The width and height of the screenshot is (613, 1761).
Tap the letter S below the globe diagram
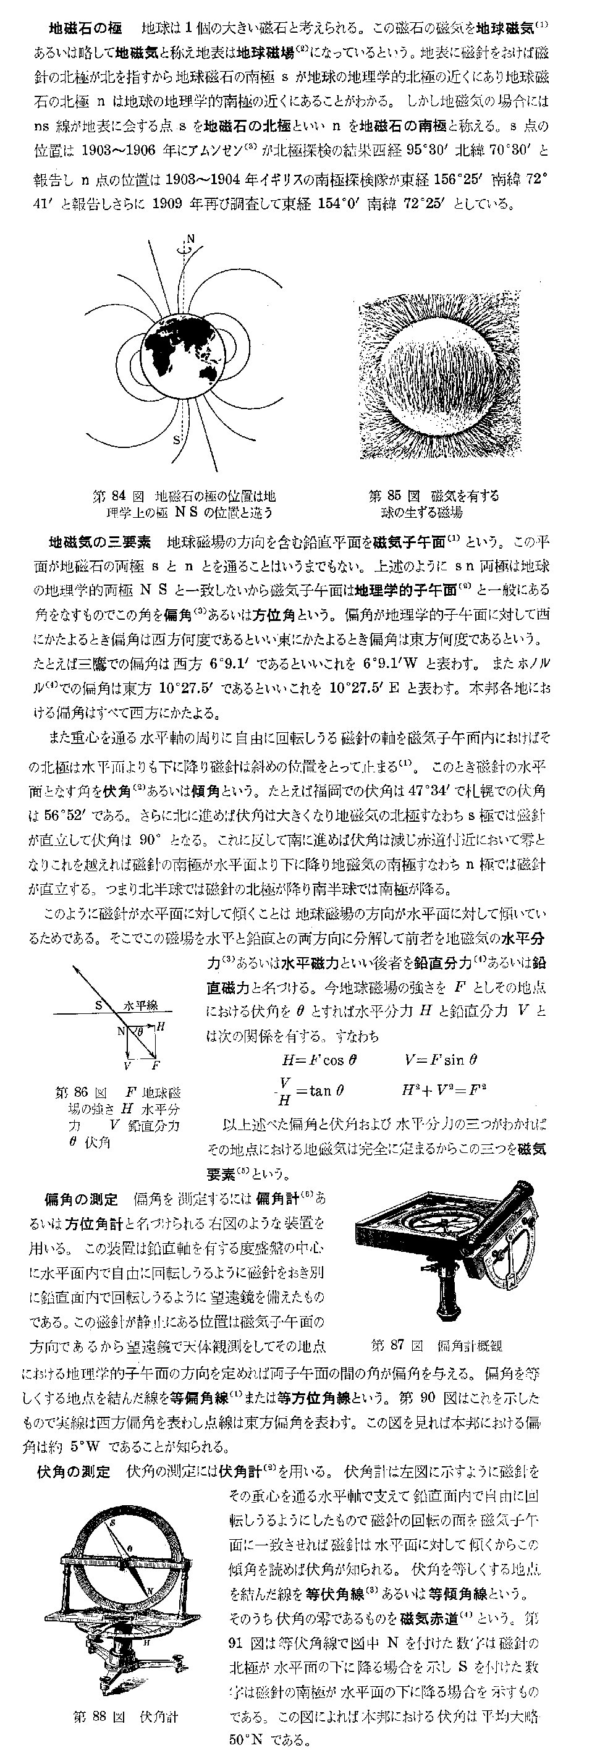pos(176,439)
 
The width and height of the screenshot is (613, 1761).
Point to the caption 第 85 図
pos(392,496)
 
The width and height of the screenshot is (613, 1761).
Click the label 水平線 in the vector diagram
pos(141,1005)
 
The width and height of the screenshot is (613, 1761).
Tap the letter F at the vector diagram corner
pos(156,1066)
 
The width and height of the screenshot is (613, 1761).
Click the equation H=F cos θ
pos(319,1060)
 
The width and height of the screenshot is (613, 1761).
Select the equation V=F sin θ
pos(440,1060)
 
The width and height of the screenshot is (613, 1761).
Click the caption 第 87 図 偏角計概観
pos(436,1345)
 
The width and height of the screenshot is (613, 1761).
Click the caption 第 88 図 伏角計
pos(125,1716)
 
